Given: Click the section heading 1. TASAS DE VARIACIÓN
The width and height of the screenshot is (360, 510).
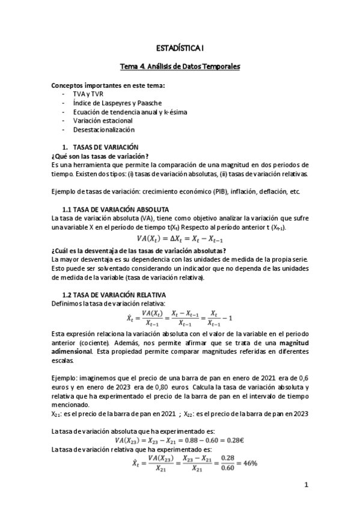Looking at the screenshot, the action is [100, 147].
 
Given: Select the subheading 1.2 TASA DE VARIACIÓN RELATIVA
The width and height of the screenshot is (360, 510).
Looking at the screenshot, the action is [115, 295].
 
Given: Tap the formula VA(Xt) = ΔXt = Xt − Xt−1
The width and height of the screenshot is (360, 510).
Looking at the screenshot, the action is [180, 239].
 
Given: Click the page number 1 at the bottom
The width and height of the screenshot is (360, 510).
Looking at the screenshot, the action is [306, 484].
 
